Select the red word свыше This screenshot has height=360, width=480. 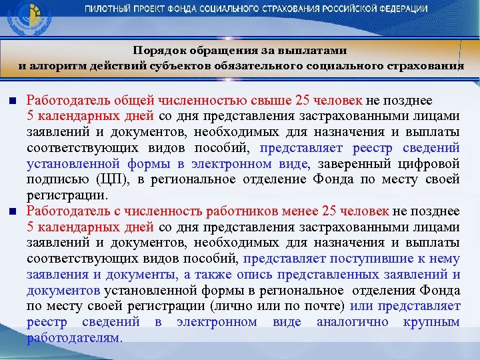click(272, 101)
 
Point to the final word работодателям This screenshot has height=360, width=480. click(73, 337)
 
